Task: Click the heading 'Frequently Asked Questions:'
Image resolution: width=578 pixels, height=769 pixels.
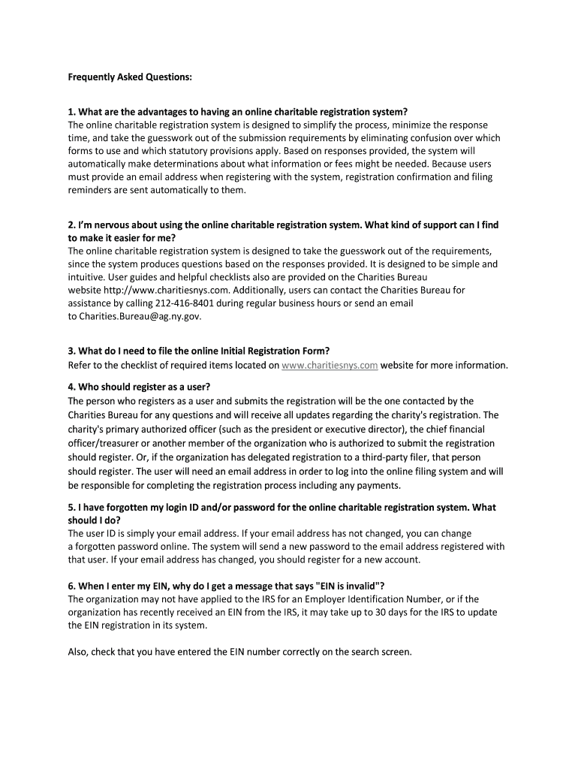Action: pyautogui.click(x=119, y=77)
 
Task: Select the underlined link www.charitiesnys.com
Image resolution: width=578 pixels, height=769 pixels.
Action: pyautogui.click(x=330, y=365)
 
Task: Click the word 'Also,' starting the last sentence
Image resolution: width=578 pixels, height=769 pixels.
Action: pyautogui.click(x=79, y=651)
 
